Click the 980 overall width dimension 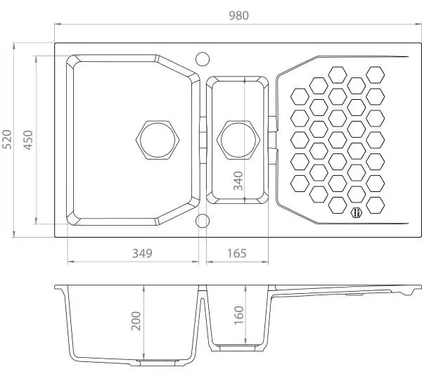click(x=238, y=15)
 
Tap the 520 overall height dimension click(x=7, y=139)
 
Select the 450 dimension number click(x=28, y=140)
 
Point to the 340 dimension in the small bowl click(x=238, y=181)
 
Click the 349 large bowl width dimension click(x=142, y=253)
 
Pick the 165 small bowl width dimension click(x=237, y=253)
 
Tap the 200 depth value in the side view click(x=136, y=321)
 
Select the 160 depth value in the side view click(x=238, y=315)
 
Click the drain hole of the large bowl click(x=158, y=140)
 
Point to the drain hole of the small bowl click(x=238, y=140)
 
